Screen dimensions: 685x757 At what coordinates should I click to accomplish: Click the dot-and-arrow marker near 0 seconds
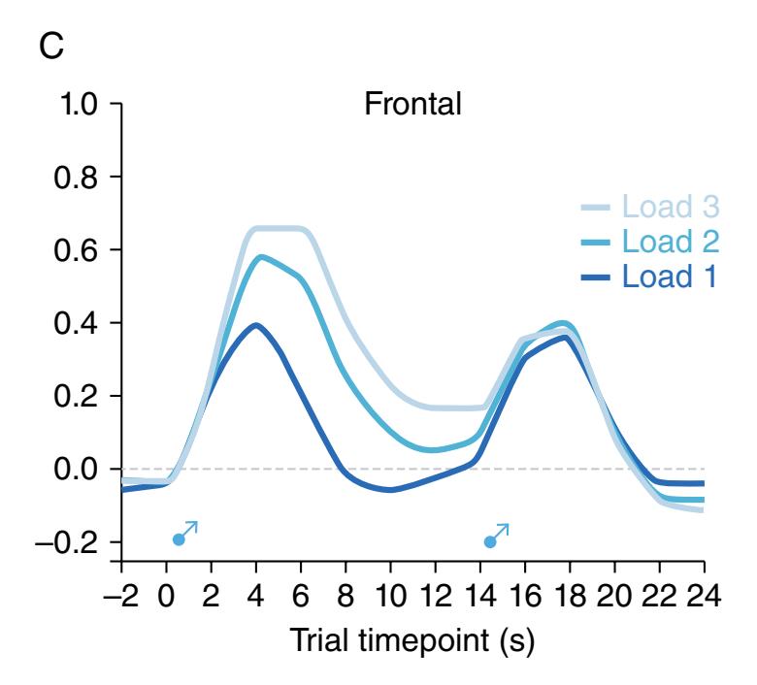pyautogui.click(x=185, y=534)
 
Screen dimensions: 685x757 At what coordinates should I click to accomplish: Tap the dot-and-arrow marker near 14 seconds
pyautogui.click(x=496, y=535)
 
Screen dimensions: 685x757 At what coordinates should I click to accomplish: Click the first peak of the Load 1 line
pyautogui.click(x=256, y=325)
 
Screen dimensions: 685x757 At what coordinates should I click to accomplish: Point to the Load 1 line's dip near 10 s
pyautogui.click(x=390, y=490)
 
